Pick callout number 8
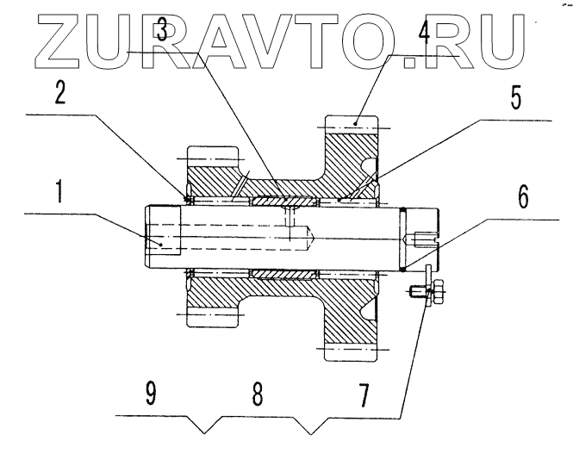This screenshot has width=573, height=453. (x=257, y=394)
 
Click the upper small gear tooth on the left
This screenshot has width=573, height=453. (x=211, y=158)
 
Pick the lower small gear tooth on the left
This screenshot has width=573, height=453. (x=211, y=318)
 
